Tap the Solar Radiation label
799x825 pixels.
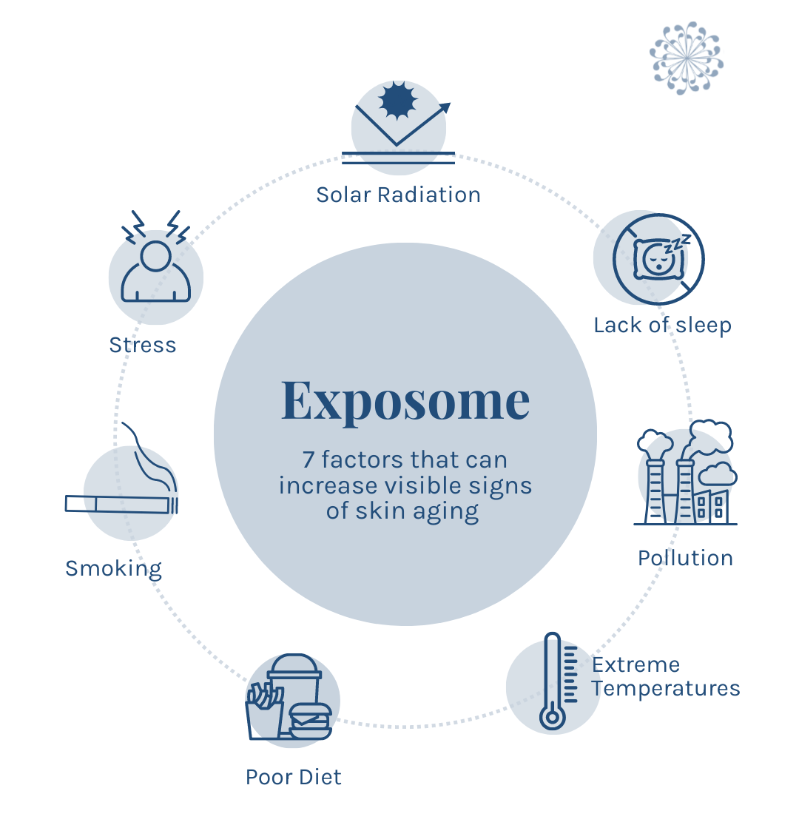pos(398,195)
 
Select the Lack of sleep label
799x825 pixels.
pos(662,325)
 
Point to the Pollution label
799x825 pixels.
pos(685,557)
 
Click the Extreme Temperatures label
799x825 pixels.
pos(665,676)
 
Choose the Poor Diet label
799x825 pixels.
pos(294,777)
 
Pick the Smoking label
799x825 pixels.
pos(113,568)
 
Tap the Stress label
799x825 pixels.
pos(143,345)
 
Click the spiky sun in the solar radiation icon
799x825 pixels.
pos(399,101)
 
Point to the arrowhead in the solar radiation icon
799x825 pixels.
pos(445,107)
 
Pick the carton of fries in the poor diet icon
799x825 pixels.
pos(263,711)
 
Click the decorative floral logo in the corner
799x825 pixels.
pos(686,57)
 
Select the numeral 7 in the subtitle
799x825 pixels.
pos(309,459)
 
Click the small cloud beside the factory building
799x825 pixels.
pos(717,474)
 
